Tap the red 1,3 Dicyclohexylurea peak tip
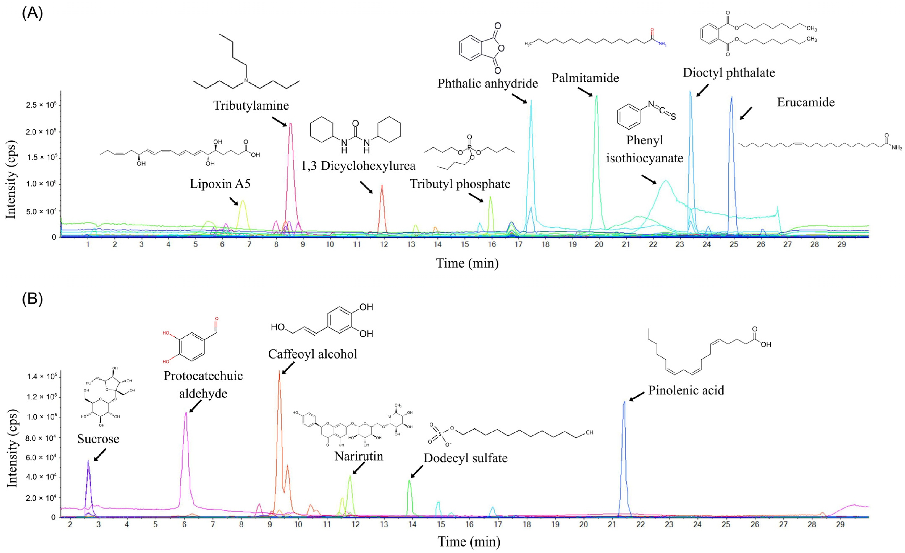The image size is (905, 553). pos(382,185)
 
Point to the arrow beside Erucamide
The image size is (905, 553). pos(746,113)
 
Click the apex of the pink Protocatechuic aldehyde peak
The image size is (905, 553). pos(186,413)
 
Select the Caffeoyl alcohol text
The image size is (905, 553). pos(313,354)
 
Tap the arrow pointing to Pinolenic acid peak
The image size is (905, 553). pos(637,396)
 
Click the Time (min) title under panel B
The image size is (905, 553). pos(469,542)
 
